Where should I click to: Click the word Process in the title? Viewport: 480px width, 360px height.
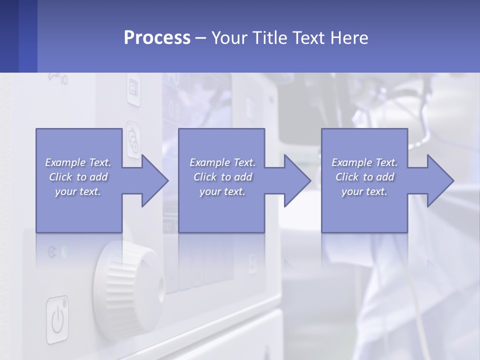click(157, 37)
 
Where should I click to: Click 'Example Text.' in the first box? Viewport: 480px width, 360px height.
click(78, 162)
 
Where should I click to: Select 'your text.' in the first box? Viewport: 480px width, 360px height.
click(78, 191)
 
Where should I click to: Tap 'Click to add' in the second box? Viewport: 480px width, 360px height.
click(222, 177)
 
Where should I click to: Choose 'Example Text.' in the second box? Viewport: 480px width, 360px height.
click(222, 162)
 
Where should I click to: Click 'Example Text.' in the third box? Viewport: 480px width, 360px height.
click(364, 162)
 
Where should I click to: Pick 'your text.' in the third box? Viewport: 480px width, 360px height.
click(364, 191)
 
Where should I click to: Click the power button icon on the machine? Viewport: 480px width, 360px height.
click(57, 319)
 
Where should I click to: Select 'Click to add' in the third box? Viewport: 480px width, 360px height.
click(364, 177)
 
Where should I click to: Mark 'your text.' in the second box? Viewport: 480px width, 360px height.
click(222, 191)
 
